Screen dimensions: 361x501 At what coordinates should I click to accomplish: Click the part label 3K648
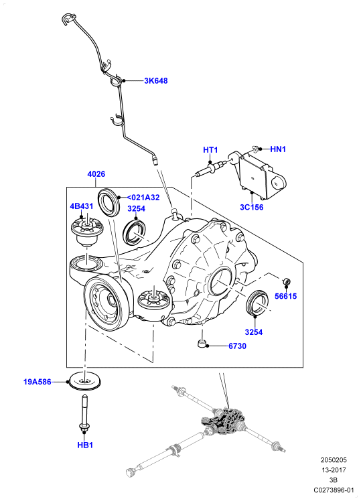[155, 81]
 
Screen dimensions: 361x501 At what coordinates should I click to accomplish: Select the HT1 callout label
[210, 150]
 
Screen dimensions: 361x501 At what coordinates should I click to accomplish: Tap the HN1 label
[278, 149]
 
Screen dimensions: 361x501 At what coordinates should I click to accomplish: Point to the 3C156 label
[252, 207]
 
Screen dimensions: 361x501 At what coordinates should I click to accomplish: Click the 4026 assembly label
[96, 174]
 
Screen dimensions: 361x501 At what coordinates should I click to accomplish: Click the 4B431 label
[82, 206]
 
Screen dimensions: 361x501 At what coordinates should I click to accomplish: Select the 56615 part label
[285, 296]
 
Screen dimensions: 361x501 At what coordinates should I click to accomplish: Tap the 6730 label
[237, 346]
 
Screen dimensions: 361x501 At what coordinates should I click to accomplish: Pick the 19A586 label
[38, 382]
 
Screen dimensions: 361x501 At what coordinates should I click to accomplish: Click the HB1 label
[85, 445]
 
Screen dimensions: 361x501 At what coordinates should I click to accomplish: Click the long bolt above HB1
[84, 413]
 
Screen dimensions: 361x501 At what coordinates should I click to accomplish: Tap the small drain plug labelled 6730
[202, 344]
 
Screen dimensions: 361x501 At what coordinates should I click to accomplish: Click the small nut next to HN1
[255, 148]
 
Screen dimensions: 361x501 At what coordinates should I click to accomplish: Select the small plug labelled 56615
[287, 281]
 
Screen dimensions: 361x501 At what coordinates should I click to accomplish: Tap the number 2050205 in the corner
[334, 460]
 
